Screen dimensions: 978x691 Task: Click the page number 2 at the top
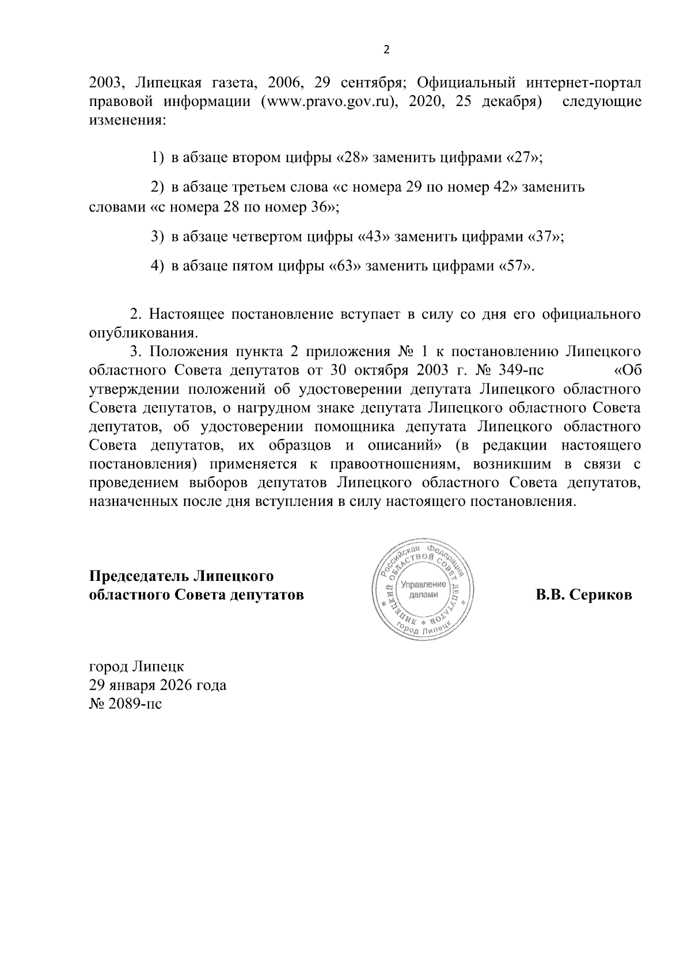point(386,50)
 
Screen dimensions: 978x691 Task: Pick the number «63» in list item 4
point(344,266)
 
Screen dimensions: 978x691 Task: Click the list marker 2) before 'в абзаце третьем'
point(157,187)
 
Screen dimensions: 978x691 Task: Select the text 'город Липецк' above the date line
point(136,667)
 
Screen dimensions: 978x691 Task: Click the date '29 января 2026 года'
point(157,685)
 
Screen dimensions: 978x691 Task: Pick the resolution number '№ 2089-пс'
point(126,704)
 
